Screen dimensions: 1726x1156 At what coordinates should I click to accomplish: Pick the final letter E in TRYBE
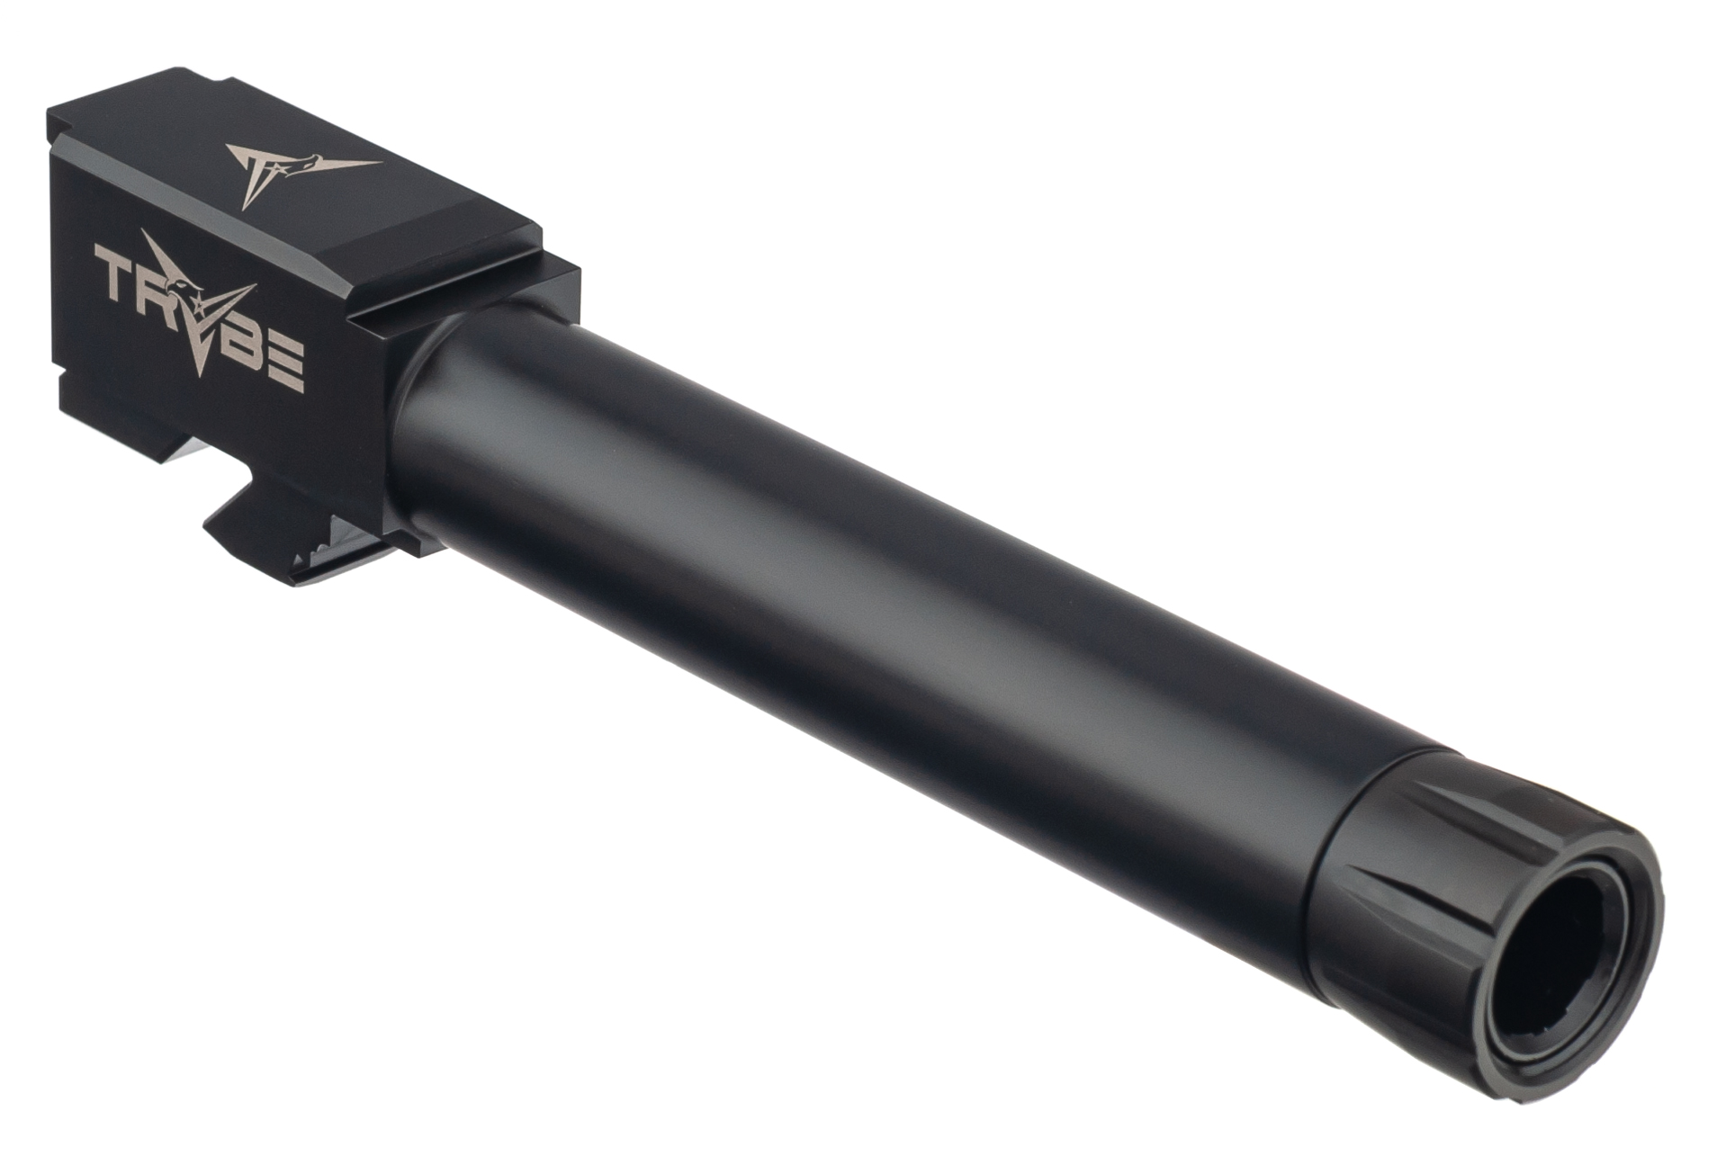290,357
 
